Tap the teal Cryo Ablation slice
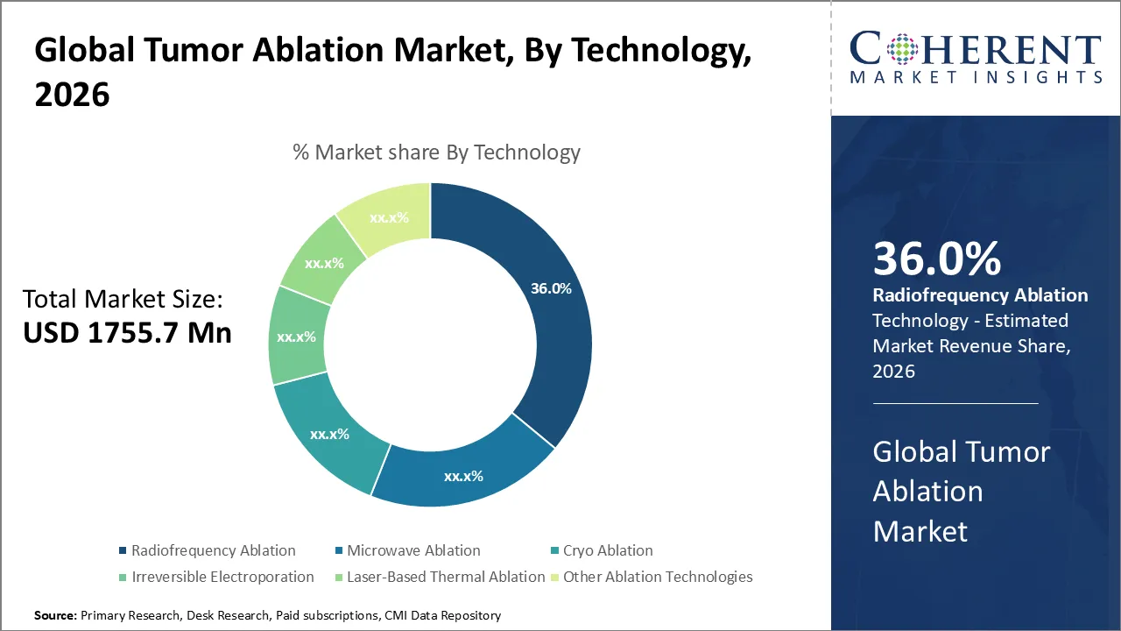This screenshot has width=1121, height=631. (330, 434)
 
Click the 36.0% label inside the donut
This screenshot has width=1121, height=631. (551, 288)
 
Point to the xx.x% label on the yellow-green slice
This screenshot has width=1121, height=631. (389, 217)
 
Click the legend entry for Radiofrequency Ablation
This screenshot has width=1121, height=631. (213, 550)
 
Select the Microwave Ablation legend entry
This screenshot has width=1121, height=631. (413, 550)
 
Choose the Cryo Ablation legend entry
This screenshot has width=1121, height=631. (607, 550)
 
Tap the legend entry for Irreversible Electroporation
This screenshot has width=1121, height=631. (222, 577)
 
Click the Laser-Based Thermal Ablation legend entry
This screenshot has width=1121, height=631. (446, 577)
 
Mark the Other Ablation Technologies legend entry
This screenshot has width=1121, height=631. (658, 577)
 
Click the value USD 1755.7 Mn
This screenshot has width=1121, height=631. (127, 333)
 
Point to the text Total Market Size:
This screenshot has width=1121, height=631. (123, 300)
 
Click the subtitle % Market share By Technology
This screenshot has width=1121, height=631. (436, 152)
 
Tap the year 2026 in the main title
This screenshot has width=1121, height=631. (72, 95)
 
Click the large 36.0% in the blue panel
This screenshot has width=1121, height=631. (936, 259)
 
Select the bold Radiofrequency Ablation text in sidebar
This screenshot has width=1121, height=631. (980, 295)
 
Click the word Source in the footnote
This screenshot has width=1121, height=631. (54, 616)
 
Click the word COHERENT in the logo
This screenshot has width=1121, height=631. (976, 49)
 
